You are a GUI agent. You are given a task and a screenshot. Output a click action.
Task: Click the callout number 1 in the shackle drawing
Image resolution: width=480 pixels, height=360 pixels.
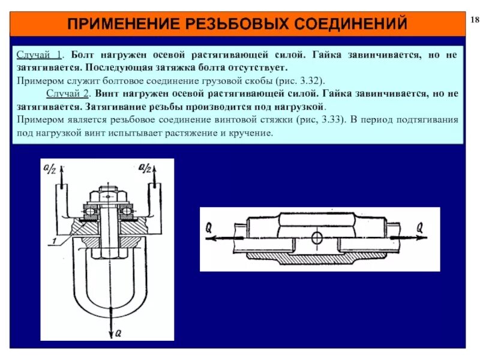click(55, 240)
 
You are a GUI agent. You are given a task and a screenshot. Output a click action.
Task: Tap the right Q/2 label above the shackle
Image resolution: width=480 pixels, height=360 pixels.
click(144, 169)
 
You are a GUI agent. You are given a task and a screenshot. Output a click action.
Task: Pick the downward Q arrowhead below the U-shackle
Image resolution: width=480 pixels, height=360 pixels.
click(109, 323)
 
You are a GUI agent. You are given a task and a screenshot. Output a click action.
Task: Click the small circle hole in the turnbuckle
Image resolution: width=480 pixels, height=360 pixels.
click(317, 239)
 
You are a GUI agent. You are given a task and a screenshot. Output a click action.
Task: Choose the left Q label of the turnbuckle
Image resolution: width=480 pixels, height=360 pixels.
click(209, 227)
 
